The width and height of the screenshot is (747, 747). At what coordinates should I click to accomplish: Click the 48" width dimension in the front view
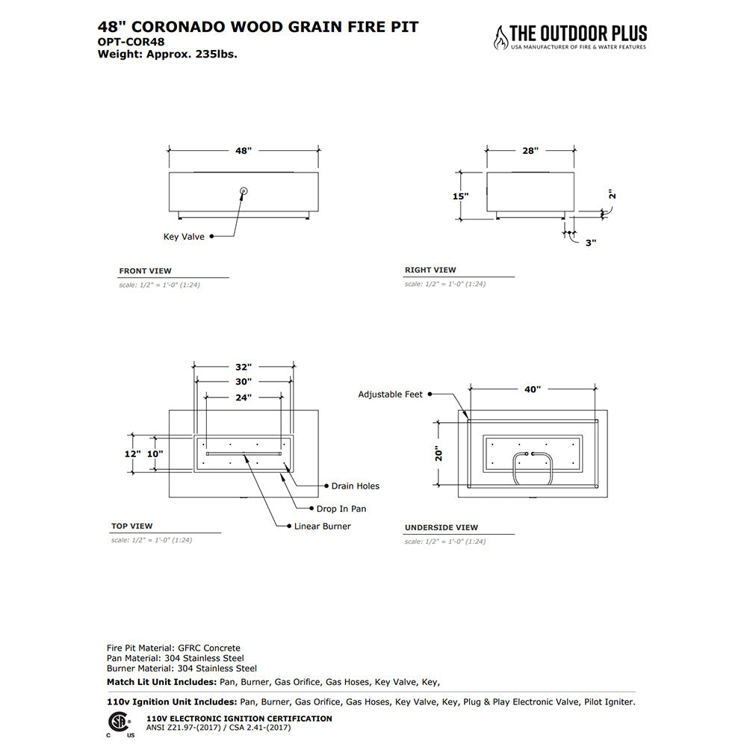(244, 150)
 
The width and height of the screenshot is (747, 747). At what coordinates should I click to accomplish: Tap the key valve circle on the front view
(244, 192)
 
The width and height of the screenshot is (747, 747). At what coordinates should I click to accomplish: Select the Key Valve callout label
(184, 236)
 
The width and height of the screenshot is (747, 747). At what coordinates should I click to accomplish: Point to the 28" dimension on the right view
(530, 150)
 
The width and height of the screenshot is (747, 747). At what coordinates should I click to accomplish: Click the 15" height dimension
(460, 196)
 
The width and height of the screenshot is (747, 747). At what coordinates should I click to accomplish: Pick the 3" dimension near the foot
(590, 242)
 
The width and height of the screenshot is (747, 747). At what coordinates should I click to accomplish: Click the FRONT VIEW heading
(145, 271)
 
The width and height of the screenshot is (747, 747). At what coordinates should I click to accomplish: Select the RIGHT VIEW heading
(430, 270)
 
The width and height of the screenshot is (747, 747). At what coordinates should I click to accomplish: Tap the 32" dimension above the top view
(244, 367)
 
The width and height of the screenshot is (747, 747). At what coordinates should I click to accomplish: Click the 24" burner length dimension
(244, 397)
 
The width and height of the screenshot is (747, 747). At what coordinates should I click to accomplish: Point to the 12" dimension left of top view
(132, 453)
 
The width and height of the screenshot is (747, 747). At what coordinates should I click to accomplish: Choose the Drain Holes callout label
(355, 486)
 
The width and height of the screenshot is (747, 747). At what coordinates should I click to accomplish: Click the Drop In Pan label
(341, 509)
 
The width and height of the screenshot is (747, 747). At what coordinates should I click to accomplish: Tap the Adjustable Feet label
(390, 394)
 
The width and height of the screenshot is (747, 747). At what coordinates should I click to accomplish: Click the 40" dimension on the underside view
(533, 389)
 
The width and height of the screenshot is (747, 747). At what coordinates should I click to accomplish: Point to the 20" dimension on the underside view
(439, 453)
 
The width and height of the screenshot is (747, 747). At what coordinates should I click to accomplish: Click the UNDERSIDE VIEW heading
(441, 527)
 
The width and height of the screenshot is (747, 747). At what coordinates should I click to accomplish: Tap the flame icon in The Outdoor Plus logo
(499, 37)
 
